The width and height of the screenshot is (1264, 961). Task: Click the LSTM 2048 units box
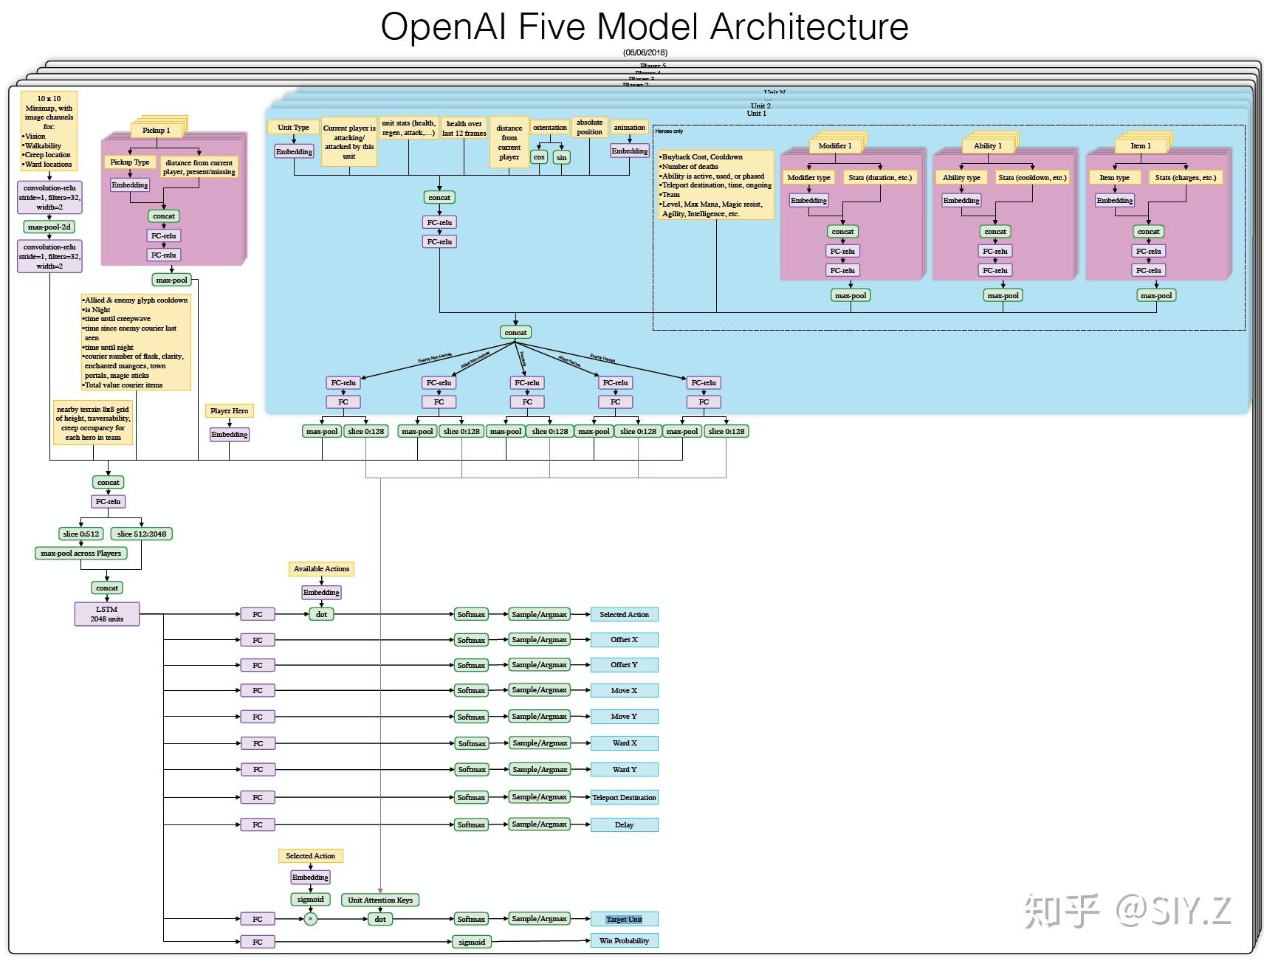(107, 614)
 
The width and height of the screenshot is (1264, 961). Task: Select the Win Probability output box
(624, 940)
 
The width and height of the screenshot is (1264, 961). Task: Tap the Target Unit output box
(624, 919)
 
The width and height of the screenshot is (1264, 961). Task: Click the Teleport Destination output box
(624, 797)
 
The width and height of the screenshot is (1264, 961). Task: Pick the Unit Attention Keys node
(380, 900)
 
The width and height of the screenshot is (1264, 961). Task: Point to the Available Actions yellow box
(321, 568)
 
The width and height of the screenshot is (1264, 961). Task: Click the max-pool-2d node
(49, 227)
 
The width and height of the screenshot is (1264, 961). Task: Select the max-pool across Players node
(80, 553)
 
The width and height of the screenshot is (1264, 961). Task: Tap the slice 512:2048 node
(142, 534)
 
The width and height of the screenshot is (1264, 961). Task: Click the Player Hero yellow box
(229, 410)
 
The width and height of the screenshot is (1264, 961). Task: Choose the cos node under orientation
(539, 157)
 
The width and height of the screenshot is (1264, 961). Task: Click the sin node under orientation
(561, 157)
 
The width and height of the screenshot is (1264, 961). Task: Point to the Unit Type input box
(293, 127)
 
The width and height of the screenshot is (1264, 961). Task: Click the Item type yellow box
(1114, 177)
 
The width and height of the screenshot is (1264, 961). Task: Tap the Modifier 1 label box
(834, 145)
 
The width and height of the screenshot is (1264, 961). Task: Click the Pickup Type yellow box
(130, 162)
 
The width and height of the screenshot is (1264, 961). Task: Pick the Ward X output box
(624, 743)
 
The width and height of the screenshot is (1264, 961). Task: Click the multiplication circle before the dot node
(311, 919)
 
